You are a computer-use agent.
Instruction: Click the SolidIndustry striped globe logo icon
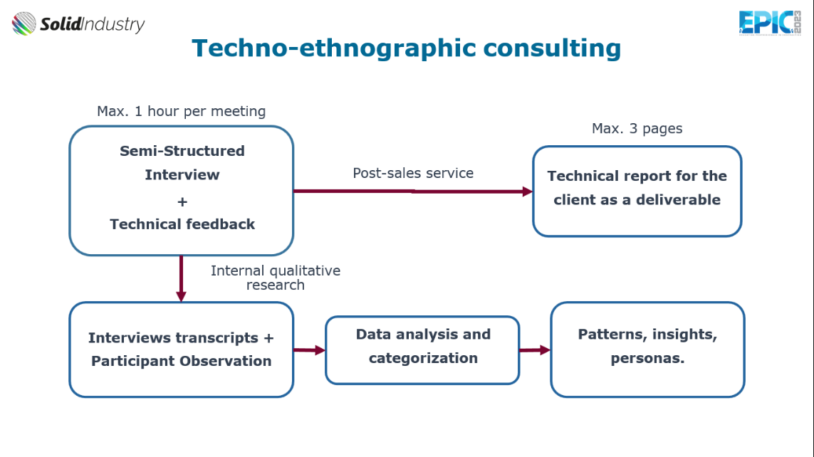[24, 23]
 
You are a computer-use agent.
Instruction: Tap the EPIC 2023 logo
[770, 23]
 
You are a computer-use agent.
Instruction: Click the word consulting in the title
[552, 48]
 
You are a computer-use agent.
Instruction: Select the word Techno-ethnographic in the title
[334, 48]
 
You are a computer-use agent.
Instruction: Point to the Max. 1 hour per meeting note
[181, 111]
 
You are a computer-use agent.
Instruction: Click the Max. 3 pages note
[637, 129]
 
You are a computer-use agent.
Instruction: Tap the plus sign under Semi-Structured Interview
[182, 201]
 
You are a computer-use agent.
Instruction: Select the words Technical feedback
[182, 224]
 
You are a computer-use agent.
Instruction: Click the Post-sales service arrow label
[413, 173]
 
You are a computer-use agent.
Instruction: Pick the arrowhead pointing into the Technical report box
[528, 191]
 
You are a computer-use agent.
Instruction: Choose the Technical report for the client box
[637, 191]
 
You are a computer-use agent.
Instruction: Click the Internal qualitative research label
[276, 278]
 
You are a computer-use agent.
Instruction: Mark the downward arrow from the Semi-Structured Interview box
[181, 278]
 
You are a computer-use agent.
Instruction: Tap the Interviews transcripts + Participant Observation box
[181, 350]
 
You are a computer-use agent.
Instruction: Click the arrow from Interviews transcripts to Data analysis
[309, 350]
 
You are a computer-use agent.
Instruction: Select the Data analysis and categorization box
[422, 350]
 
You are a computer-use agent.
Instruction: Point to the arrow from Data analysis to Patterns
[535, 350]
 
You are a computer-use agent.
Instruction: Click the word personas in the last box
[647, 359]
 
